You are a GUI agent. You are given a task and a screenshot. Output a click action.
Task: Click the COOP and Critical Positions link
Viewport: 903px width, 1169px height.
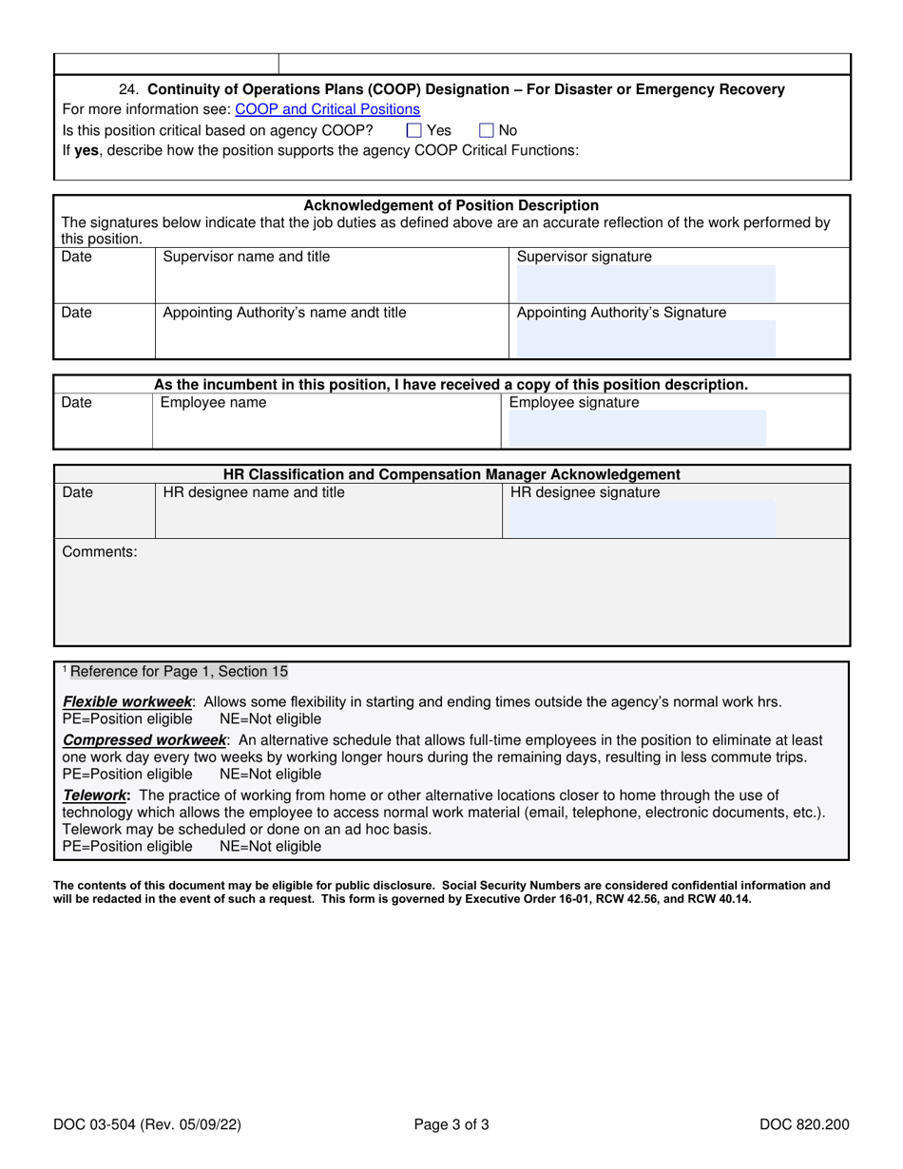(327, 109)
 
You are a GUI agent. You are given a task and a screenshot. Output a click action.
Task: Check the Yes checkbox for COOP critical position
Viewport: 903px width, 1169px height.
(413, 130)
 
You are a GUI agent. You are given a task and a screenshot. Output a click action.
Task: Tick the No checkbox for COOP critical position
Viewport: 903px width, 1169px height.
(487, 130)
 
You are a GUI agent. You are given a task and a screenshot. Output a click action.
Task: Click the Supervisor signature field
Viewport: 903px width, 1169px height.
(645, 283)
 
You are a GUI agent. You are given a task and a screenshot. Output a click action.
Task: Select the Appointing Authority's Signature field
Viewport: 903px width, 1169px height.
(645, 338)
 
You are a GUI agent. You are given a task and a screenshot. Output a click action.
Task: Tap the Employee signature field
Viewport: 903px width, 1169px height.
(637, 428)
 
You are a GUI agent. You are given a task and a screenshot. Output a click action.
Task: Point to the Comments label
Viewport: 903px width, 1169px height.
(100, 552)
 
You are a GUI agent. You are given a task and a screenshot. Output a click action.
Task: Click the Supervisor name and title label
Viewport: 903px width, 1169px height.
(247, 257)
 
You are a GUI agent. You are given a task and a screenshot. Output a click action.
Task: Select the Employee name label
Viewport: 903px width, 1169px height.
(213, 403)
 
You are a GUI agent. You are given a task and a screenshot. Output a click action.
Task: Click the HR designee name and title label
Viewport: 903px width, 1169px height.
(254, 492)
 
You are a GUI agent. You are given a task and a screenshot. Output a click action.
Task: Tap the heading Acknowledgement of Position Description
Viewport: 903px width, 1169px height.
(451, 205)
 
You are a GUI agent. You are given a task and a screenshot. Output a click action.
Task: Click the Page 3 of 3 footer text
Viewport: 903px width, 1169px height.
(451, 1125)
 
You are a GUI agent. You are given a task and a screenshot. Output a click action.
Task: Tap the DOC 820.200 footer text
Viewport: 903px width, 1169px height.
(804, 1125)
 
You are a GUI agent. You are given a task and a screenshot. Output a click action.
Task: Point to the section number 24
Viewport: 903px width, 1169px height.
(129, 89)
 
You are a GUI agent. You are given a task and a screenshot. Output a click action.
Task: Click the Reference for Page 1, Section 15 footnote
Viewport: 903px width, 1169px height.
(178, 672)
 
